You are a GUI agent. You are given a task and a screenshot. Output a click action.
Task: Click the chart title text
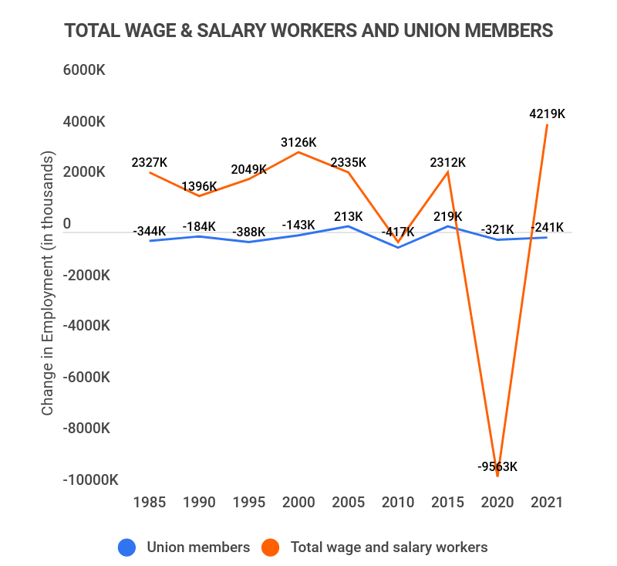(308, 30)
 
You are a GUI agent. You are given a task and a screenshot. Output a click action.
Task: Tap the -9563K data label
(497, 466)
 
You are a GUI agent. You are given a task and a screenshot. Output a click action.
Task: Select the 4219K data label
(547, 114)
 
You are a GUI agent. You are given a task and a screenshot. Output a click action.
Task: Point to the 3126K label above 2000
(298, 142)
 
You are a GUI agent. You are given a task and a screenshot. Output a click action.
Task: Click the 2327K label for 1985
(150, 162)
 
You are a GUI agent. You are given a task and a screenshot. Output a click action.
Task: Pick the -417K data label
(398, 231)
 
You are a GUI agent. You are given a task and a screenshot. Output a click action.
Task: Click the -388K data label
(248, 232)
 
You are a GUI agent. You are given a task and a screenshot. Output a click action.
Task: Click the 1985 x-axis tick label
(150, 502)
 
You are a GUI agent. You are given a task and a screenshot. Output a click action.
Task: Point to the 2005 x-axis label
(349, 502)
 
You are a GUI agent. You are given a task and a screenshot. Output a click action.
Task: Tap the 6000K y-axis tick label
(84, 70)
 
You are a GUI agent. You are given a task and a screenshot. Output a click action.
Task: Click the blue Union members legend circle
(127, 547)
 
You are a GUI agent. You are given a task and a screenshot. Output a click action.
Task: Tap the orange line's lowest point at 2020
(497, 476)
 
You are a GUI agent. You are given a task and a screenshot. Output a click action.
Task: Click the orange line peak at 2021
(547, 124)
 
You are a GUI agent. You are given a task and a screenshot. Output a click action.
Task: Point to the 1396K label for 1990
(199, 186)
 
